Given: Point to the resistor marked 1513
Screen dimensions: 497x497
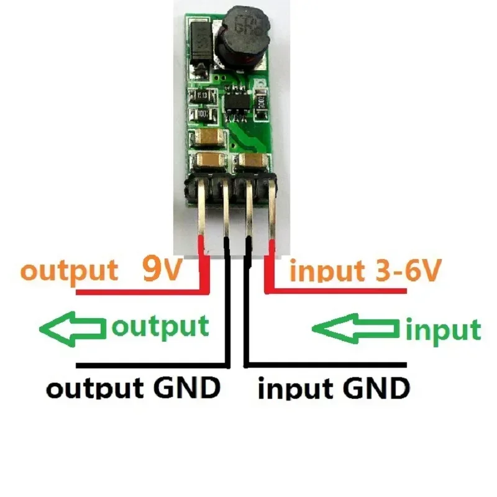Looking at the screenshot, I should [x=202, y=96].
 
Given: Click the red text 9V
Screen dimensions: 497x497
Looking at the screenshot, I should [x=160, y=269].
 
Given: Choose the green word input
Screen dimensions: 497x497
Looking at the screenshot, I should [x=442, y=329].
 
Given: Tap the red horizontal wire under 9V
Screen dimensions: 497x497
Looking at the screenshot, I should [x=137, y=290].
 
